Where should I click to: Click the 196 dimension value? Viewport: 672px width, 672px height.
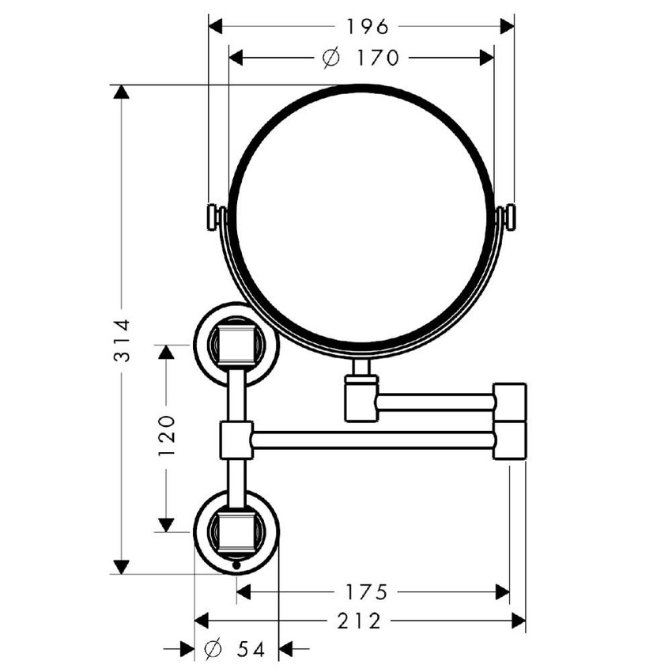[x=368, y=27]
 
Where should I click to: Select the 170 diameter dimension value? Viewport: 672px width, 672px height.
[x=378, y=58]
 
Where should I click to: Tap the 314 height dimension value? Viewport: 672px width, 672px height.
[x=122, y=340]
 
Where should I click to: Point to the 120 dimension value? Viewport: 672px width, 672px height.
[x=167, y=435]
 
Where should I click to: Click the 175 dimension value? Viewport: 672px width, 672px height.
[x=366, y=592]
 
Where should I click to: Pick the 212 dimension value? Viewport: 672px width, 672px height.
[x=359, y=621]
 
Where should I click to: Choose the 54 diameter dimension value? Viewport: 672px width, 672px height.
[x=251, y=649]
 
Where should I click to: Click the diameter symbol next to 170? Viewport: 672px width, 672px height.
[x=331, y=58]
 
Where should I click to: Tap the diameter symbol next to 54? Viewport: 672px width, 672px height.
[x=213, y=649]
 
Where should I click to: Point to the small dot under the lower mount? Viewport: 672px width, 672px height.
[x=236, y=565]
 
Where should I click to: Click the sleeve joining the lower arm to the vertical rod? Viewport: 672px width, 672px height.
[x=236, y=440]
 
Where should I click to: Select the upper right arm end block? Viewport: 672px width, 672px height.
[x=510, y=402]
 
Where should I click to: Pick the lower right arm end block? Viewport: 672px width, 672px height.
[x=510, y=440]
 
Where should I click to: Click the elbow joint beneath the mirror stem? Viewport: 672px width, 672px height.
[x=361, y=398]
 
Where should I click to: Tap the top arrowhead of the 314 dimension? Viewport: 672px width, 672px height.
[x=121, y=92]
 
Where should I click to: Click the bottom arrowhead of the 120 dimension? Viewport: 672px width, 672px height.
[x=166, y=525]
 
